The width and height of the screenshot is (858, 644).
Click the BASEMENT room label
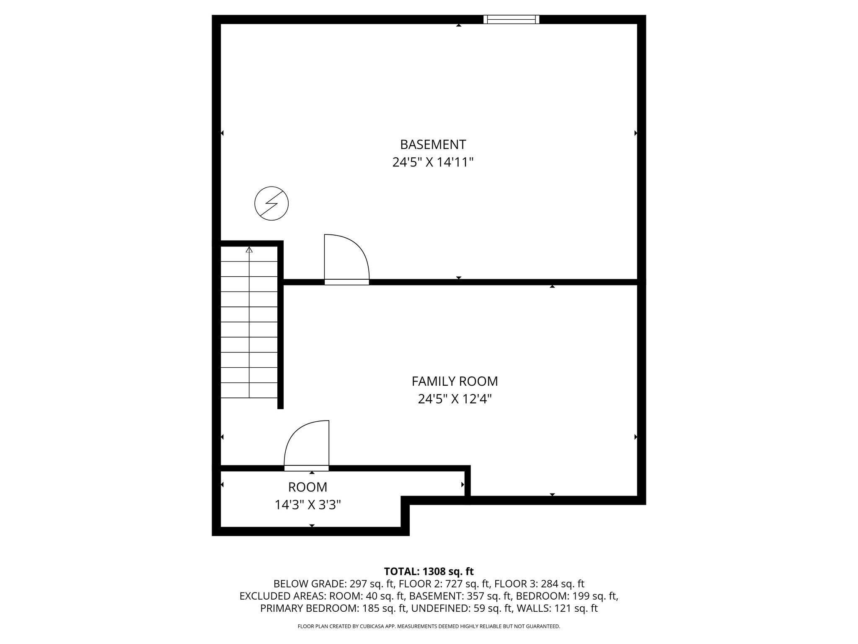click(433, 144)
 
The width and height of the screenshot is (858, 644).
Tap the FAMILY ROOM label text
click(455, 381)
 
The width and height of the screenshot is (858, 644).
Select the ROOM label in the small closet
click(308, 487)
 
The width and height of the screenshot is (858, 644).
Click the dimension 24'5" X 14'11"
click(433, 162)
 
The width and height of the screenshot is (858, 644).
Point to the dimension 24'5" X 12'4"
click(455, 399)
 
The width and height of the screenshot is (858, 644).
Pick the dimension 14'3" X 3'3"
click(308, 505)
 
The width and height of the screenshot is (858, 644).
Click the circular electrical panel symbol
click(271, 203)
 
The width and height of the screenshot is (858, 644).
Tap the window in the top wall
click(511, 19)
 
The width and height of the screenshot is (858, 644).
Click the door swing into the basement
click(346, 258)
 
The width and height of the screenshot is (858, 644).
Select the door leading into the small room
click(307, 444)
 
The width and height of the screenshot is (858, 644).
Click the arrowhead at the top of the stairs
click(249, 250)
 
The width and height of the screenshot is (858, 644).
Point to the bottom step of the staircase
click(249, 390)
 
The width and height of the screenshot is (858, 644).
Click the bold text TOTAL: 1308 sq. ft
click(429, 571)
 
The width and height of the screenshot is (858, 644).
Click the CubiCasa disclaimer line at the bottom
click(429, 626)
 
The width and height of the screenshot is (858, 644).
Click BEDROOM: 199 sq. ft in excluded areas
click(567, 596)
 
